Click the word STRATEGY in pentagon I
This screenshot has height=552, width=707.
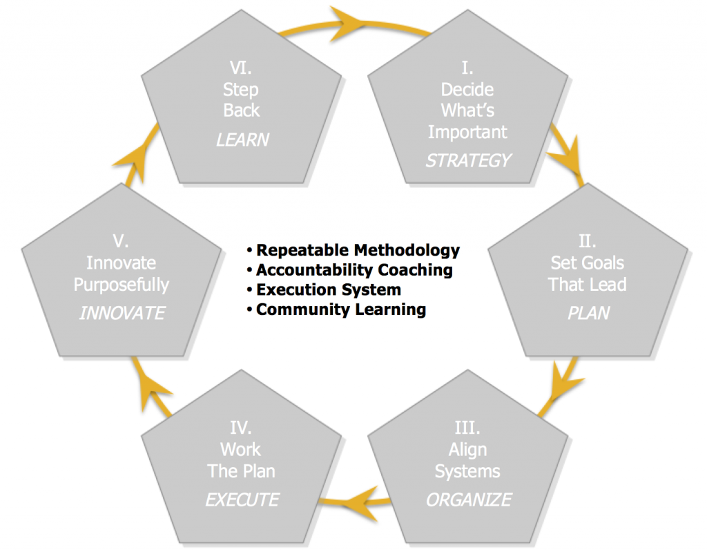point(468,160)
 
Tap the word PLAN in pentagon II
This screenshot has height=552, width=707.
point(588,313)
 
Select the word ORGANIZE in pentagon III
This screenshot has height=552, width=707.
point(469,499)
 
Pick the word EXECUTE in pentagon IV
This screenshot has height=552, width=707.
point(242,499)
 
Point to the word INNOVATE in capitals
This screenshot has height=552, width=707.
point(122,313)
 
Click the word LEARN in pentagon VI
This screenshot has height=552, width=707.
point(242,139)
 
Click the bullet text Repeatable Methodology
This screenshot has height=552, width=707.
point(358,249)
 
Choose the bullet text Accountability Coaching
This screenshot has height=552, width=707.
point(354,269)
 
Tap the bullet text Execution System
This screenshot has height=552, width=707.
point(328,289)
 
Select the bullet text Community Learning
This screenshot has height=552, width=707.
point(340,310)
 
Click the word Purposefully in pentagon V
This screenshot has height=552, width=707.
point(122,284)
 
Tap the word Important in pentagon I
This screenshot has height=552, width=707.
point(467,131)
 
